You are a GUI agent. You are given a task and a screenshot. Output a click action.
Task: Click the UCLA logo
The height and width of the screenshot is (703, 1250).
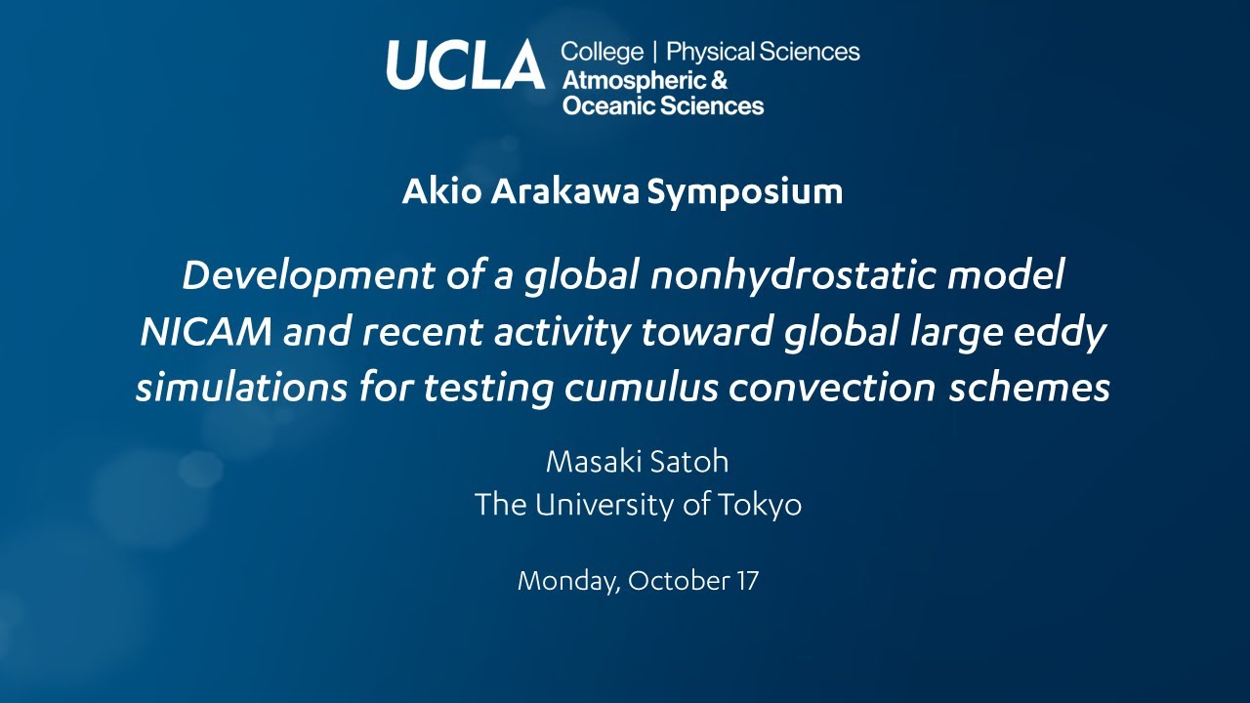pos(465,64)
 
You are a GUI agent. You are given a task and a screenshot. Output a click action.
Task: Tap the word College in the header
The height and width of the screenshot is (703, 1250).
pos(602,52)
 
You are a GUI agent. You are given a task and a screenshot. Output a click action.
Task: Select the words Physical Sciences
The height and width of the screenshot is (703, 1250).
pos(763,52)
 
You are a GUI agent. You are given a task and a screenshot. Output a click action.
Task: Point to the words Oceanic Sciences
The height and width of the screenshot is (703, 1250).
pos(663,105)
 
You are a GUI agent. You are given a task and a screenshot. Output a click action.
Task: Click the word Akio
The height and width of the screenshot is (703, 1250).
pos(442,191)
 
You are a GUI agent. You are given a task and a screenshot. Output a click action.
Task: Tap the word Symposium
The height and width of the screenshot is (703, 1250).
pos(745,191)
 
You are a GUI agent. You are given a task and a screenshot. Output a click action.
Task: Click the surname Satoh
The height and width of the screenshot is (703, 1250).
pos(691,461)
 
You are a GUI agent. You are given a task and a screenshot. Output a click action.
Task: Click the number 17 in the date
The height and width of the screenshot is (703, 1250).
pos(746,580)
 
